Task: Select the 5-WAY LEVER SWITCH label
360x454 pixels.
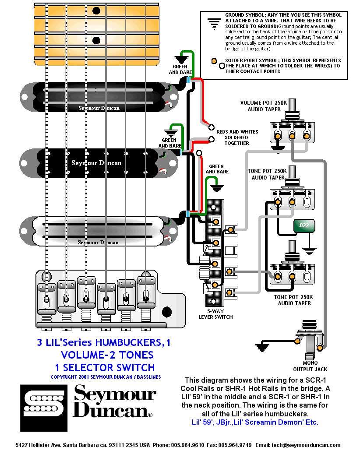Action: point(215,314)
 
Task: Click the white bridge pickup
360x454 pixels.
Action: point(99,229)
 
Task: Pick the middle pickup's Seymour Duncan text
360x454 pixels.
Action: point(96,163)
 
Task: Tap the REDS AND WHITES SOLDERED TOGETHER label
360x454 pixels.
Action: point(237,137)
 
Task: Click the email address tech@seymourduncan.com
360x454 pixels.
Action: point(311,445)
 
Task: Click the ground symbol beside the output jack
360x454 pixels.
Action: point(262,347)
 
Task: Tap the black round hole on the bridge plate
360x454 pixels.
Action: point(166,312)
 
